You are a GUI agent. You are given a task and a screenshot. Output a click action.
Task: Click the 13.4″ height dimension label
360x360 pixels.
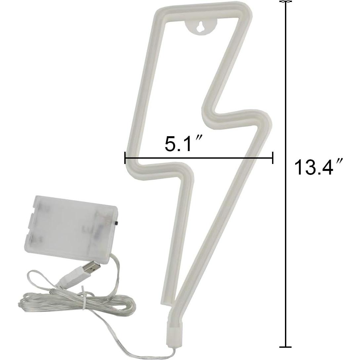318,167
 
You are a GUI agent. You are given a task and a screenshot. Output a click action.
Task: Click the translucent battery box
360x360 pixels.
74,228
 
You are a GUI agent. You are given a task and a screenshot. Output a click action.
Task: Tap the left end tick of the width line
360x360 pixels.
125,158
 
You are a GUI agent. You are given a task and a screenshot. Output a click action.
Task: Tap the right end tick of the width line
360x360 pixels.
272,158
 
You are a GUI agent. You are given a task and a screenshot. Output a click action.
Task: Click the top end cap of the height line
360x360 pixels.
286,2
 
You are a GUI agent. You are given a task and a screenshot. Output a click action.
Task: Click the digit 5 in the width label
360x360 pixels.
171,143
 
